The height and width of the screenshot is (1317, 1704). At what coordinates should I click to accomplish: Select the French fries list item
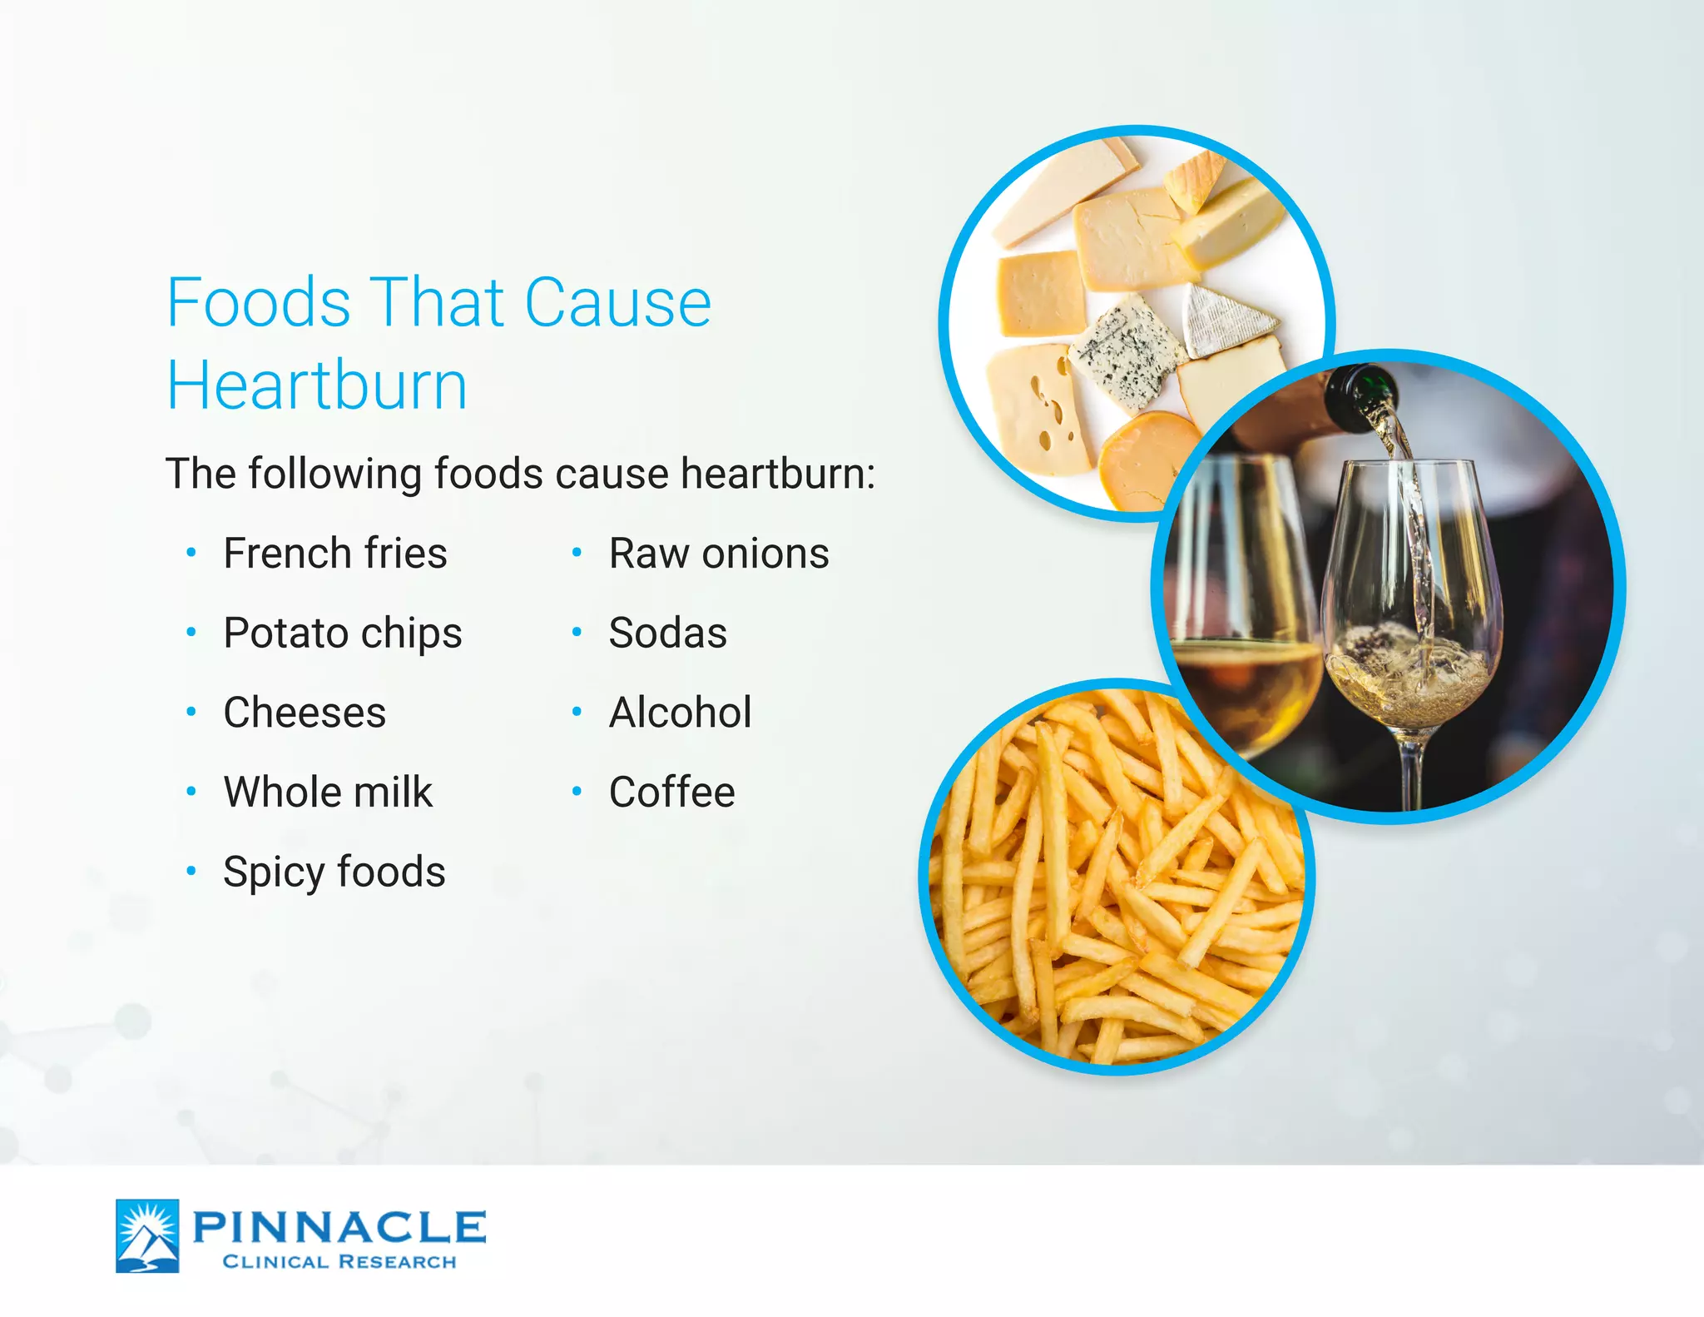[x=334, y=554]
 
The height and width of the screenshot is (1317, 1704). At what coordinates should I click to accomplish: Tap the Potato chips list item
[x=342, y=633]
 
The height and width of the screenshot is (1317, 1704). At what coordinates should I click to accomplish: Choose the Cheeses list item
[x=305, y=713]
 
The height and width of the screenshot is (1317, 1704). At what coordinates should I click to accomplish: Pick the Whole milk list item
[x=328, y=792]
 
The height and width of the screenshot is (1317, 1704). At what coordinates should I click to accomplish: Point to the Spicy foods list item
[x=334, y=872]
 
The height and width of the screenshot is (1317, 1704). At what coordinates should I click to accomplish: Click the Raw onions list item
[x=719, y=554]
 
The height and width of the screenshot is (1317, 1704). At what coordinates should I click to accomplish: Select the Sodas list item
[x=667, y=633]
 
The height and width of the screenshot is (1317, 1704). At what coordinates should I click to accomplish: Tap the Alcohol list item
[x=680, y=713]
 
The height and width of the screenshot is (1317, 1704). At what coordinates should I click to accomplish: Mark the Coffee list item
[x=671, y=792]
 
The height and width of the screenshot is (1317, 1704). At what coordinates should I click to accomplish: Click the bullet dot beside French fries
[x=191, y=553]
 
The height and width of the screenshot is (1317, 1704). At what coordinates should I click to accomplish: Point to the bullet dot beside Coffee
[x=577, y=792]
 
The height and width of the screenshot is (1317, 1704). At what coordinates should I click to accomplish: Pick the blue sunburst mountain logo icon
[x=147, y=1235]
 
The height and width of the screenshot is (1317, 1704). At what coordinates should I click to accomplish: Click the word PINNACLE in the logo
[x=339, y=1227]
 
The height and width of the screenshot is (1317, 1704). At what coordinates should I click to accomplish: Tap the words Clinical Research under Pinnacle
[x=339, y=1262]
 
